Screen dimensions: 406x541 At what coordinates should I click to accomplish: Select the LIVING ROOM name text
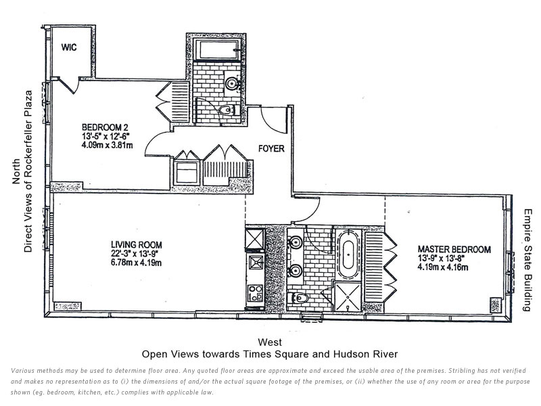point(137,244)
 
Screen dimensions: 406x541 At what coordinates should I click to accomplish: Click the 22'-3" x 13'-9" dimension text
point(137,253)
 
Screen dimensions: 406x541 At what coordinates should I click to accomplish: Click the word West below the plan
point(270,342)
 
